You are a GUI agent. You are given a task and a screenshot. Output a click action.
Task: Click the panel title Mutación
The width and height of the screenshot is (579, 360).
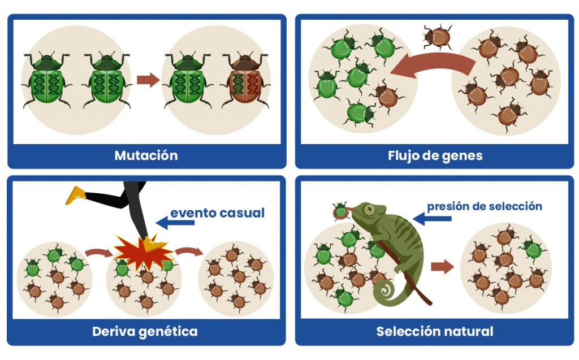pos(146,155)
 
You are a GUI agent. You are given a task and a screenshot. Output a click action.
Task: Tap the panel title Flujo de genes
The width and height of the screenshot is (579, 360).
pos(435,155)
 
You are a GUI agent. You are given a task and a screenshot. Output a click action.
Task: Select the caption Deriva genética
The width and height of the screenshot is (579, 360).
pos(145,331)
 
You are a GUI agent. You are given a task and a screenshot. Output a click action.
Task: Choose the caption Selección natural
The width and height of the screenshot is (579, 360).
pos(435,331)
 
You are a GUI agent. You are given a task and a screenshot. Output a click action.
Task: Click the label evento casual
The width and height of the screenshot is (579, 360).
pos(217,213)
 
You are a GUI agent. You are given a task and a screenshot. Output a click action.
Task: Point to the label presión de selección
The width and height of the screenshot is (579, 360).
pos(485,206)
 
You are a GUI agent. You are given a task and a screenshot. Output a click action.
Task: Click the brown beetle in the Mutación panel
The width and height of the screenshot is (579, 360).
pos(245,80)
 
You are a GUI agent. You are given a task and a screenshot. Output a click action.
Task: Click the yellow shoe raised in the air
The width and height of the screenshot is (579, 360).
pos(75,195)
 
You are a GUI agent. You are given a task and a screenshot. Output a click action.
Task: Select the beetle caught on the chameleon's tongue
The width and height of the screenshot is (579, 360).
pos(340,211)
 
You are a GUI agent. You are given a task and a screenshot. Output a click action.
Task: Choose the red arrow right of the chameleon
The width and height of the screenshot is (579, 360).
pos(443,267)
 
